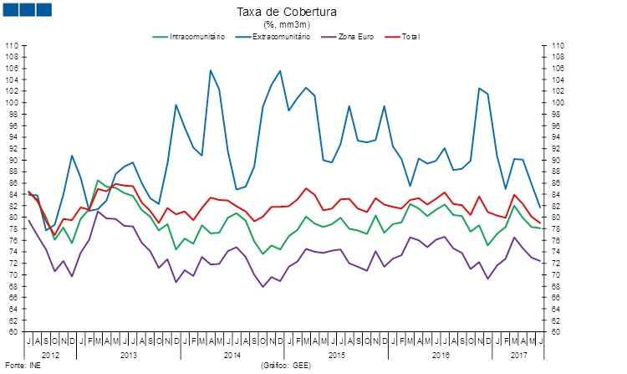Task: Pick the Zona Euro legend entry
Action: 357,37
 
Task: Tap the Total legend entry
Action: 410,37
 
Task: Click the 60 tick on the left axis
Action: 13,332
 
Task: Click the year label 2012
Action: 50,355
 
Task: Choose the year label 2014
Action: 234,355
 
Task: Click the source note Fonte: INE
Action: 23,366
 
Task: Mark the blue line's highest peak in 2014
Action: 210,70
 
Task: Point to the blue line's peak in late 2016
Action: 480,88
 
